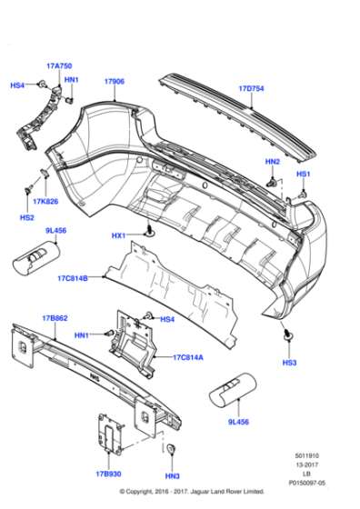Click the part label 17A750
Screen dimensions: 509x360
[x=59, y=67]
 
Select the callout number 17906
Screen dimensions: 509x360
[x=114, y=82]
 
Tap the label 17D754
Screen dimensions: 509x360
[x=251, y=89]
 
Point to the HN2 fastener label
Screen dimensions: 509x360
[x=272, y=162]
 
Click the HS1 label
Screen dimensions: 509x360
[x=304, y=174]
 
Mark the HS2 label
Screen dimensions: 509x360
[x=27, y=218]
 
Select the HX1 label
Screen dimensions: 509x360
[x=118, y=236]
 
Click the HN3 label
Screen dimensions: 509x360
[x=172, y=477]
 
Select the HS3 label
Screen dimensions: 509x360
[x=289, y=363]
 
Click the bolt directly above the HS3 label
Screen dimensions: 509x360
[x=288, y=338]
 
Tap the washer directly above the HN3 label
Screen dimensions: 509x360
[x=171, y=452]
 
